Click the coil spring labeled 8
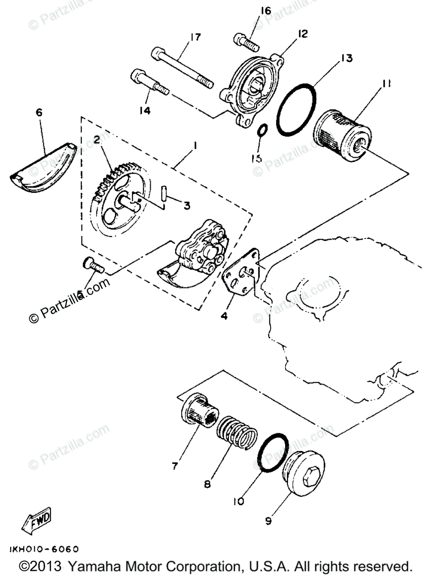(x=235, y=431)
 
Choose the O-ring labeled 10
(x=271, y=452)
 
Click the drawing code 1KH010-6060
(x=43, y=549)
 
